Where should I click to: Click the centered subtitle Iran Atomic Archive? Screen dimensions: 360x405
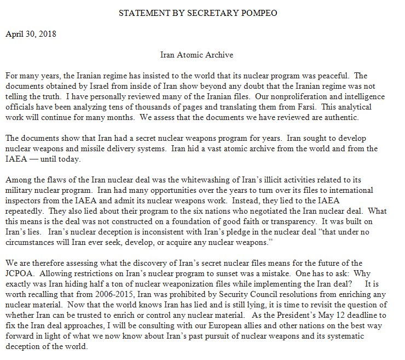pyautogui.click(x=202, y=55)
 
